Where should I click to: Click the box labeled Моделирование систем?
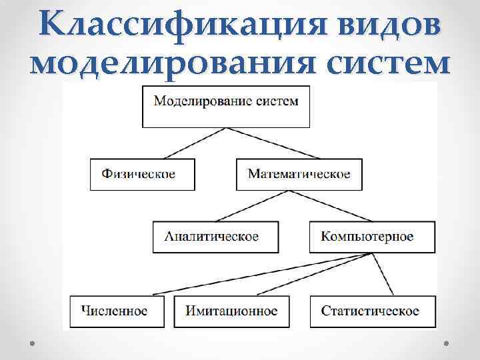point(226,107)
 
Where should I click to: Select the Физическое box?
point(143,175)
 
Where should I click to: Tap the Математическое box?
point(299,175)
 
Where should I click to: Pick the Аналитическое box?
point(211,237)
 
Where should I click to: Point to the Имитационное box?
point(232,311)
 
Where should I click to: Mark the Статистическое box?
point(371,311)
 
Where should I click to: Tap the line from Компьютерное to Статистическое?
point(382,273)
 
